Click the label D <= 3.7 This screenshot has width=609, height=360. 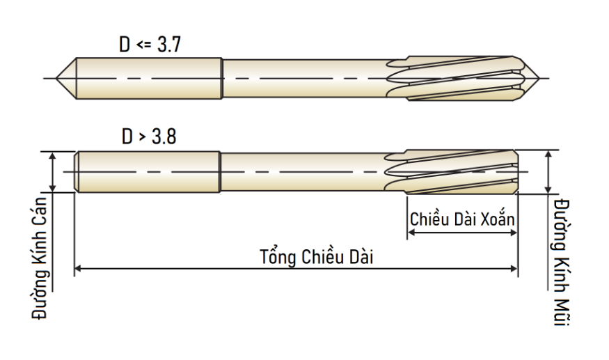click(x=150, y=45)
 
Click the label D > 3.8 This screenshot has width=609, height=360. click(x=149, y=136)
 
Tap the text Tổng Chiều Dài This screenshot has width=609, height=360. click(x=316, y=257)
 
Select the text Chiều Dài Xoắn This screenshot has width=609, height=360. click(x=462, y=219)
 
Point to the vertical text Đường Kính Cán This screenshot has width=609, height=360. click(x=40, y=258)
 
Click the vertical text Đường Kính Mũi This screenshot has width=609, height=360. click(x=562, y=263)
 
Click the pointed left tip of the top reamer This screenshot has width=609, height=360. click(x=56, y=78)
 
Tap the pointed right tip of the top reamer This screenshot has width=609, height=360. click(x=539, y=78)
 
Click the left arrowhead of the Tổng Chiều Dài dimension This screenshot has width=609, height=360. click(x=77, y=268)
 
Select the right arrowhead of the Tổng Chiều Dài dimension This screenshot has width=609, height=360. click(x=514, y=268)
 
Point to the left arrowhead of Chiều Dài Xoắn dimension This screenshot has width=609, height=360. click(x=411, y=233)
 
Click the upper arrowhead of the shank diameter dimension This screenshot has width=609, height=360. click(x=53, y=155)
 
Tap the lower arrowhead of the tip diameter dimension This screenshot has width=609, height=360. click(x=548, y=189)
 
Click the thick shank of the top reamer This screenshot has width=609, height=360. click(x=149, y=78)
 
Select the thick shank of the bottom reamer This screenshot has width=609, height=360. click(x=148, y=172)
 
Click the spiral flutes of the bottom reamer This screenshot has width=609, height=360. click(x=451, y=172)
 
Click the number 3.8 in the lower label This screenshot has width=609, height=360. click(x=164, y=136)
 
